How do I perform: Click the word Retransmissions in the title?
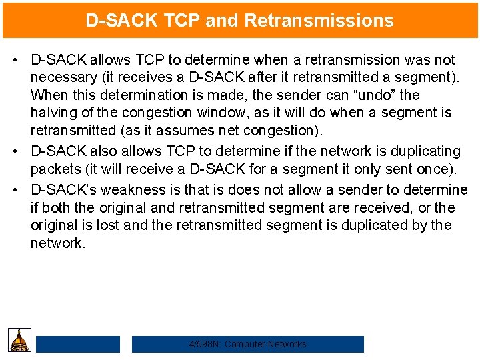(319, 20)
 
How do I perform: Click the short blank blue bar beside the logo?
(78, 344)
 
